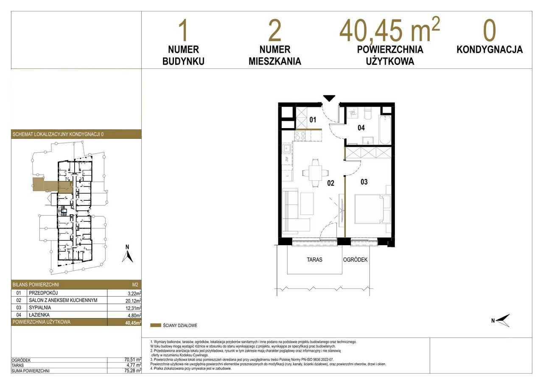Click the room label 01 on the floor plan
coord(313,120)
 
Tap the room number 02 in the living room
coord(330,183)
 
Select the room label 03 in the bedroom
coord(364,182)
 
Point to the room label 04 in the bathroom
coord(361,128)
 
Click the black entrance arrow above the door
coord(329,98)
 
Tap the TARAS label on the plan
coord(314,260)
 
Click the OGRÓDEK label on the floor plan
coord(355,260)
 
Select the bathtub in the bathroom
coord(385,130)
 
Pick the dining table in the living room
coord(315,173)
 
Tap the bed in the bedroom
coord(370,209)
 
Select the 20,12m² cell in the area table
coord(133,300)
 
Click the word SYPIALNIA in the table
coord(40,308)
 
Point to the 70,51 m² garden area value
coord(133,360)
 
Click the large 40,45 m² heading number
coord(389,30)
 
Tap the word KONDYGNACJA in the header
coord(490,50)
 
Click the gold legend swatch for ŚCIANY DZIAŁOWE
coord(156,325)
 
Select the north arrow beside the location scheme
coord(128,255)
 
